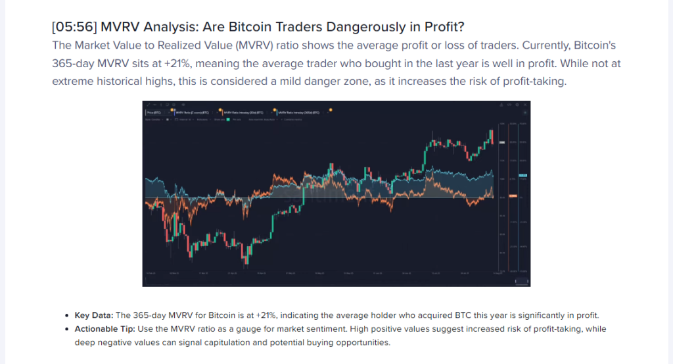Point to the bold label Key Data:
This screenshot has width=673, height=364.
[94, 315]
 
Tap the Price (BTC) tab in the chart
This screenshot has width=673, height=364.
[153, 113]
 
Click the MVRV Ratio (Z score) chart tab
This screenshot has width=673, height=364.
[190, 113]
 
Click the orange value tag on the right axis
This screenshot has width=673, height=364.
[513, 196]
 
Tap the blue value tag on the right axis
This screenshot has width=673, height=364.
[523, 176]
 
